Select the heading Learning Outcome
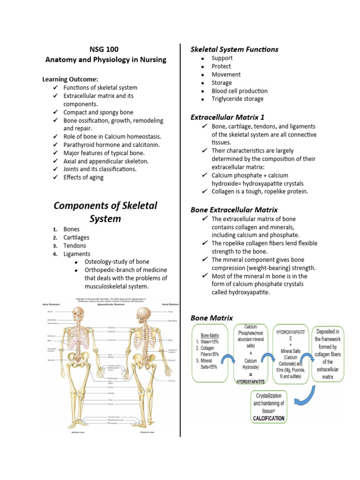point(70,79)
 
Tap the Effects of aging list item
point(83,177)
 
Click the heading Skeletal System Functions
point(234,49)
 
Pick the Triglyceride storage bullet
point(237,99)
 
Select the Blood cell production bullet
point(239,91)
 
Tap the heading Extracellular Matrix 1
point(227,117)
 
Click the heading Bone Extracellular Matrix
point(234,210)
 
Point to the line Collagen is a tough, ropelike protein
point(260,191)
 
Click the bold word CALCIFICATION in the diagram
point(269,418)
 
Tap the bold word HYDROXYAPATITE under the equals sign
point(247,382)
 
